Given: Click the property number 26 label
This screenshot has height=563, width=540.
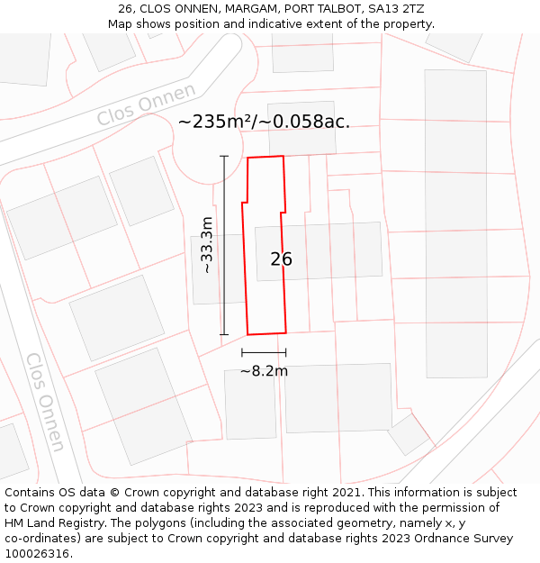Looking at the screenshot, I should pyautogui.click(x=281, y=259).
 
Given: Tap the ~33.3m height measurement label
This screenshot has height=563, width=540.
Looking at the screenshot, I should pyautogui.click(x=207, y=245).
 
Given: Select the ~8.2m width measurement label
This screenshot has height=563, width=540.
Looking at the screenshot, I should pyautogui.click(x=264, y=371).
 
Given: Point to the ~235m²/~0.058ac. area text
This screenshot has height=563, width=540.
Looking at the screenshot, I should pyautogui.click(x=264, y=122).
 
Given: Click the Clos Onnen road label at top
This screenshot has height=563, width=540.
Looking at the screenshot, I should pyautogui.click(x=146, y=105).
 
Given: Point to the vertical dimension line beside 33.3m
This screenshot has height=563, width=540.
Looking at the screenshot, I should pyautogui.click(x=224, y=245).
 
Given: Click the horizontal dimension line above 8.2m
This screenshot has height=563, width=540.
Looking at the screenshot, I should pyautogui.click(x=264, y=352).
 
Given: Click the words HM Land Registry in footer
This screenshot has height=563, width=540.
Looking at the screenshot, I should pyautogui.click(x=49, y=523).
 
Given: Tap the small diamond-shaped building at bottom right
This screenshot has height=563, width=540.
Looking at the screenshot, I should pyautogui.click(x=409, y=433).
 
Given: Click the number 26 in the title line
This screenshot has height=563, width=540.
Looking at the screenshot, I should pyautogui.click(x=125, y=8).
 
